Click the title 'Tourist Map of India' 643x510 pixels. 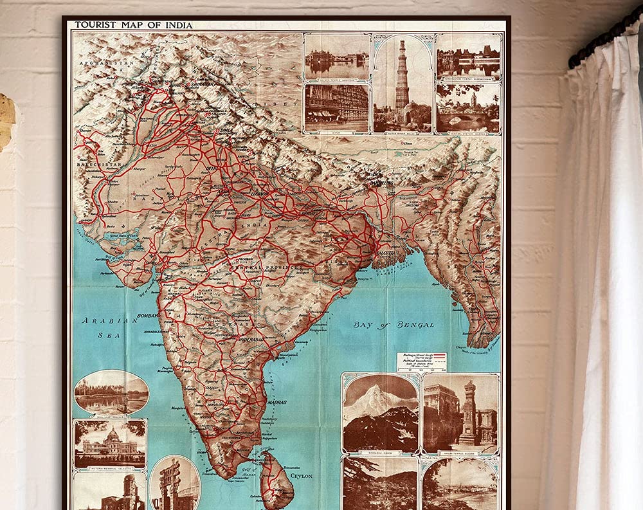[134, 25]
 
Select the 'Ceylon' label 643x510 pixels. [301, 477]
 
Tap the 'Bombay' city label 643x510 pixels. [147, 316]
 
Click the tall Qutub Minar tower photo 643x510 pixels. [403, 83]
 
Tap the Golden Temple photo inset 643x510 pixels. [337, 57]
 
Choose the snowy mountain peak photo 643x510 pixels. [381, 412]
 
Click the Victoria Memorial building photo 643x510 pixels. [109, 443]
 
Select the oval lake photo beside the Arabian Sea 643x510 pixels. [111, 392]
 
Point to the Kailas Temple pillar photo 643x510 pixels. [460, 412]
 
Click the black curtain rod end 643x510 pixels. [574, 61]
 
